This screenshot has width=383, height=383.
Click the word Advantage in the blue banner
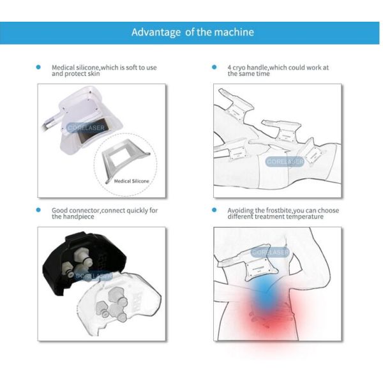click(x=156, y=33)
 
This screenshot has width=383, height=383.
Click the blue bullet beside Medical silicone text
click(x=38, y=67)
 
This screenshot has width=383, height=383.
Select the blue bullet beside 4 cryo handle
click(x=214, y=67)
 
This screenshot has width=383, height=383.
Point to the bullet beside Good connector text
click(x=38, y=210)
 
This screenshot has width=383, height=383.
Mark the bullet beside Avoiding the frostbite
click(x=214, y=210)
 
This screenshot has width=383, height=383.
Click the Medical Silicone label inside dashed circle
click(x=131, y=181)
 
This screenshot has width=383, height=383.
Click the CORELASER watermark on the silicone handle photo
click(x=86, y=128)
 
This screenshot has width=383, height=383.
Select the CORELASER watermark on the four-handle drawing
click(x=285, y=161)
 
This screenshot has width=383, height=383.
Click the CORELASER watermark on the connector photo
click(x=94, y=276)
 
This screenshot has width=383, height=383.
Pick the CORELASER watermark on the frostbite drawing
click(x=270, y=252)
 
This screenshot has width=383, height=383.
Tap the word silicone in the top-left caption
click(x=87, y=67)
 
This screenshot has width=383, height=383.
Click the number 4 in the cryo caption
click(x=229, y=68)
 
